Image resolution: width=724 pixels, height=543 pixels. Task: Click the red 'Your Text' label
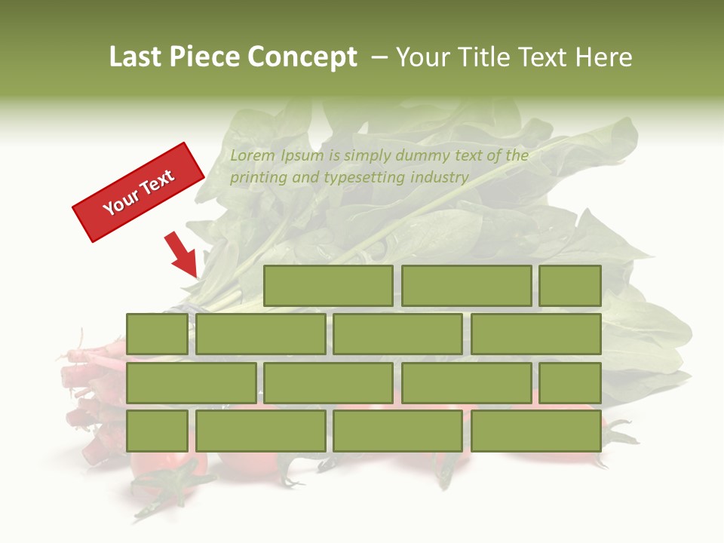tap(138, 192)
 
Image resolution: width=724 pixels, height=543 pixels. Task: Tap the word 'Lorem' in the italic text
tap(253, 156)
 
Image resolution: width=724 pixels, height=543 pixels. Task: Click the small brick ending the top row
tap(570, 286)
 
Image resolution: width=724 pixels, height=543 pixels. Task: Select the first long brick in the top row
tap(328, 286)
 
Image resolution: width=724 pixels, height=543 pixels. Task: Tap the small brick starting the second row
tap(157, 334)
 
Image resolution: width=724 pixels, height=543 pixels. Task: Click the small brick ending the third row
tap(570, 382)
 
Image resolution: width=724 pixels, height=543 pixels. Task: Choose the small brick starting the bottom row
tap(157, 431)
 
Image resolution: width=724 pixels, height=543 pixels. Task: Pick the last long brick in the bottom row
tap(536, 431)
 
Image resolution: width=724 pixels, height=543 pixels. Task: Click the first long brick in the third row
tap(191, 382)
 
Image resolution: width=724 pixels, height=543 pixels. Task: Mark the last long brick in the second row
tap(536, 334)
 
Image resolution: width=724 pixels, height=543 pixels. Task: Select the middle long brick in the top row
tap(466, 286)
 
